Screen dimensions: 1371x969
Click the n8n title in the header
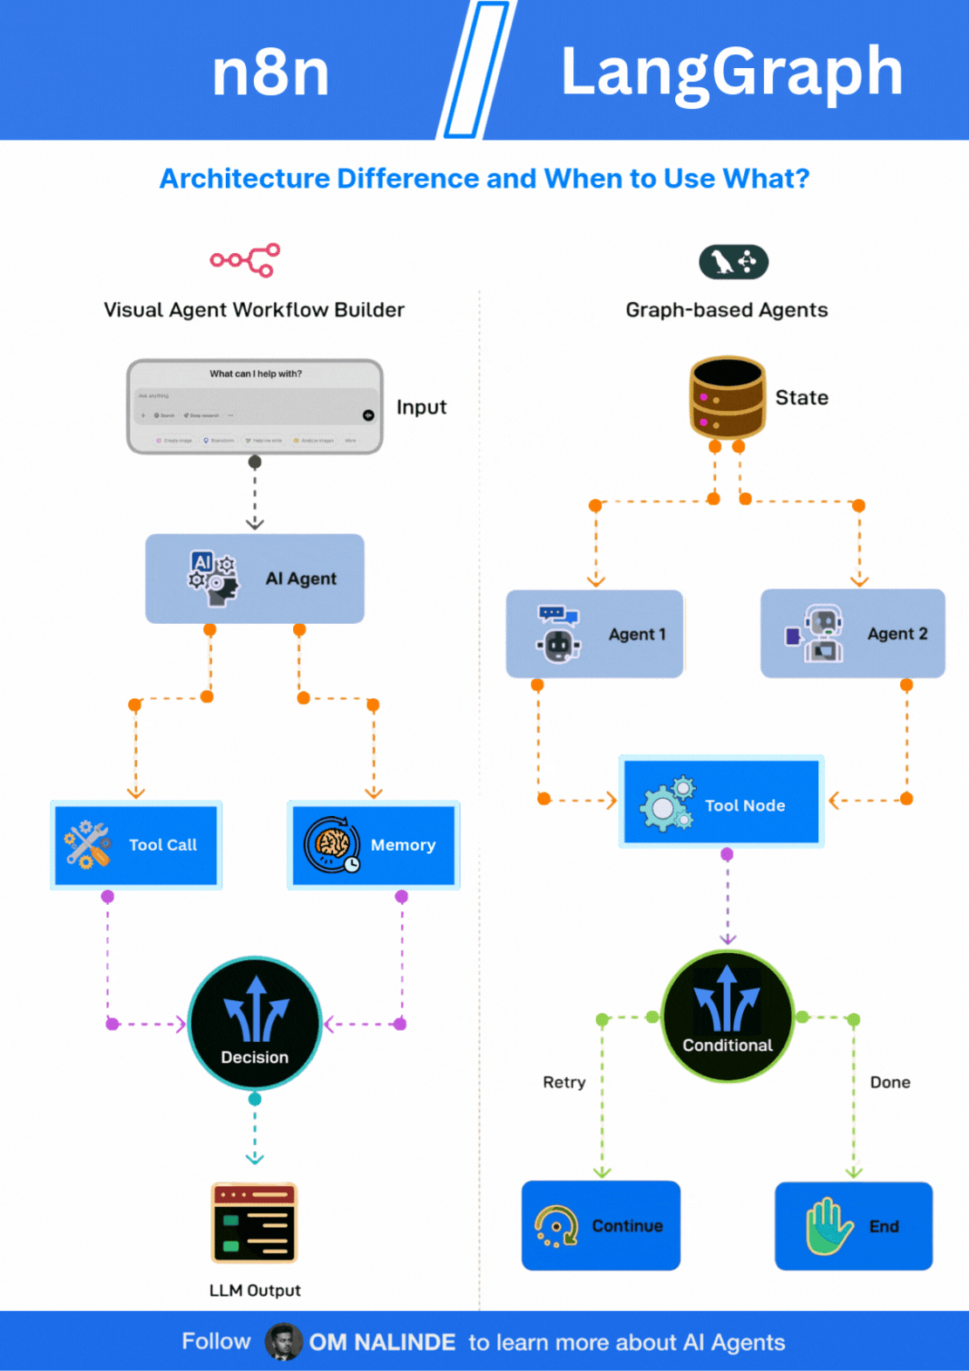[270, 72]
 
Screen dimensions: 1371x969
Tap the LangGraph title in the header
[731, 72]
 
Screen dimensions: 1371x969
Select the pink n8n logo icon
[245, 260]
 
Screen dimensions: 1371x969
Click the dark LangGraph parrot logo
[734, 262]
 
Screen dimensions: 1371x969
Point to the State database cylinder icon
[727, 397]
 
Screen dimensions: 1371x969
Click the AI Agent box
[255, 579]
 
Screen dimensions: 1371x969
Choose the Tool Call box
[136, 845]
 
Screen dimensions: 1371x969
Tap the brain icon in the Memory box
[332, 844]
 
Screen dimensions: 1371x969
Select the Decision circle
[255, 1023]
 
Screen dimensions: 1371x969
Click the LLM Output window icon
[255, 1223]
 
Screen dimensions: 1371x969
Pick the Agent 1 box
[595, 634]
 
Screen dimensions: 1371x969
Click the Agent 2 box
[852, 634]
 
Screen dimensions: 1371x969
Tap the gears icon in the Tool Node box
[667, 804]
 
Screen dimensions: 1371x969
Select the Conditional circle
[727, 1017]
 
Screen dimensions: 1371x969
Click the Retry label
[564, 1082]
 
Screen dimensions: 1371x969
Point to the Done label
[890, 1082]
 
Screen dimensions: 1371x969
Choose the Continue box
[601, 1225]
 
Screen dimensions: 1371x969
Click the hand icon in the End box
[828, 1226]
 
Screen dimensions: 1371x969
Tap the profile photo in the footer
[283, 1341]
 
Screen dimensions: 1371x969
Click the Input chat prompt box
[255, 407]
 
